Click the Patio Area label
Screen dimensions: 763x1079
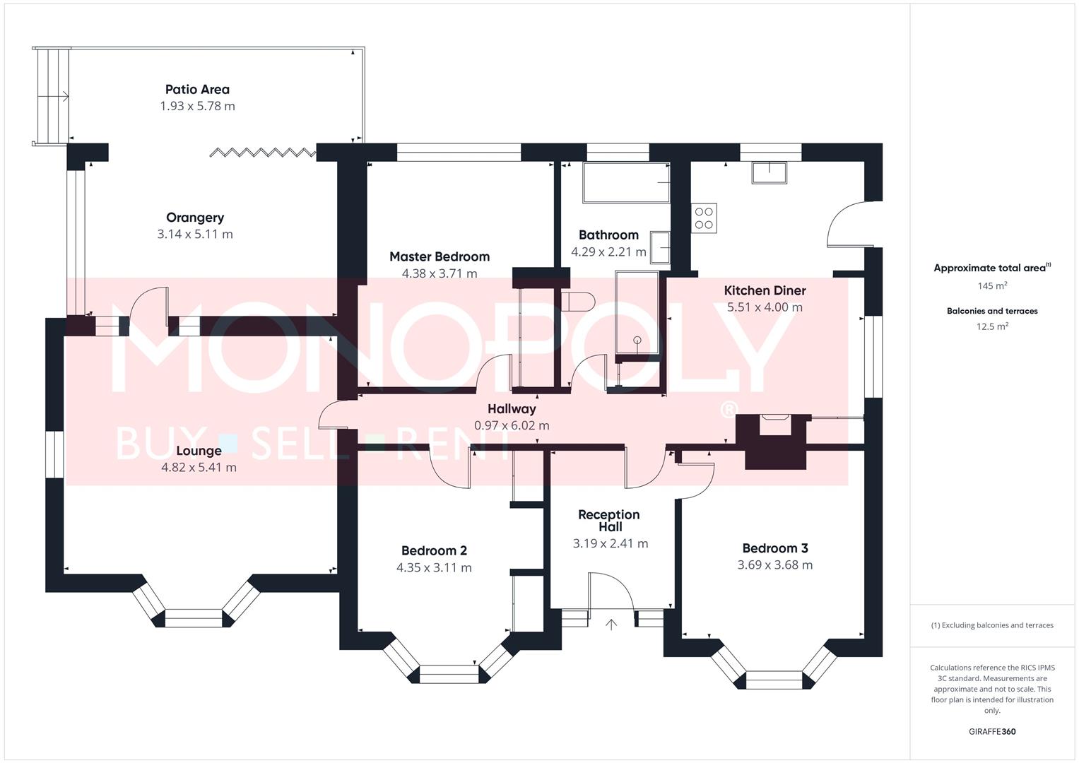point(197,90)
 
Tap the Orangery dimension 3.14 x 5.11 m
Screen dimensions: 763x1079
point(195,235)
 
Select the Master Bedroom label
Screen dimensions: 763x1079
point(439,256)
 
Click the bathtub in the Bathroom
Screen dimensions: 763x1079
point(625,183)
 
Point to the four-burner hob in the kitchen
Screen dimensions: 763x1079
point(704,218)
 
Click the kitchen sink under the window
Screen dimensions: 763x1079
point(769,172)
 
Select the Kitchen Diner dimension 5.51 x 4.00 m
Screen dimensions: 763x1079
point(765,307)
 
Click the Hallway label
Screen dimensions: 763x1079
point(512,409)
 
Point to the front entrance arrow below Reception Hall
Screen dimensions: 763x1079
point(611,624)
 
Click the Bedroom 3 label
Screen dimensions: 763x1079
point(774,548)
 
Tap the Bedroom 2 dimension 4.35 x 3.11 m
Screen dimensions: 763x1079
point(434,568)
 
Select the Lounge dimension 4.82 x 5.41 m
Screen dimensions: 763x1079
point(199,468)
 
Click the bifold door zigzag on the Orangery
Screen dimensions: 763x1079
point(263,152)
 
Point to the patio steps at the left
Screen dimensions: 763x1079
point(52,96)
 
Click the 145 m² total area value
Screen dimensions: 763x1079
point(991,286)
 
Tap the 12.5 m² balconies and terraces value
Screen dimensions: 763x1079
point(991,326)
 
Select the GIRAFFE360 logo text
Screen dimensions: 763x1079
point(991,731)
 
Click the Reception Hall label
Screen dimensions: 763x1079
point(609,521)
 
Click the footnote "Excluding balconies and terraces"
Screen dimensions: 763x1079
point(991,625)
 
